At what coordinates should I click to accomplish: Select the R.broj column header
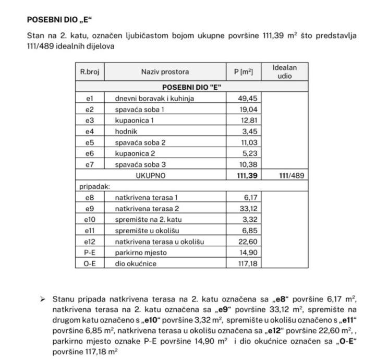pyautogui.click(x=89, y=72)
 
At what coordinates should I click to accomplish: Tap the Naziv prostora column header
pyautogui.click(x=165, y=72)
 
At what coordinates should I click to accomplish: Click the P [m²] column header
pyautogui.click(x=243, y=72)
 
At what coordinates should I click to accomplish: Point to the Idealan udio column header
pyautogui.click(x=285, y=72)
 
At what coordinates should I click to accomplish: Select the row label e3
pyautogui.click(x=89, y=121)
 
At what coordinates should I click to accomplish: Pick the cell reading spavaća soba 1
pyautogui.click(x=139, y=110)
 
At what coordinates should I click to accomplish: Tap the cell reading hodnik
pyautogui.click(x=126, y=131)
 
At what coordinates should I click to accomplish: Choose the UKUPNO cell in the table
pyautogui.click(x=151, y=176)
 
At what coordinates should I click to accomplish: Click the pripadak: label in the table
pyautogui.click(x=94, y=186)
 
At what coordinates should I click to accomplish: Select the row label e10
pyautogui.click(x=89, y=220)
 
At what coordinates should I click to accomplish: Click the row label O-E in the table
pyautogui.click(x=89, y=263)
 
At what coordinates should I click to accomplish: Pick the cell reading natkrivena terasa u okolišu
pyautogui.click(x=159, y=242)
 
